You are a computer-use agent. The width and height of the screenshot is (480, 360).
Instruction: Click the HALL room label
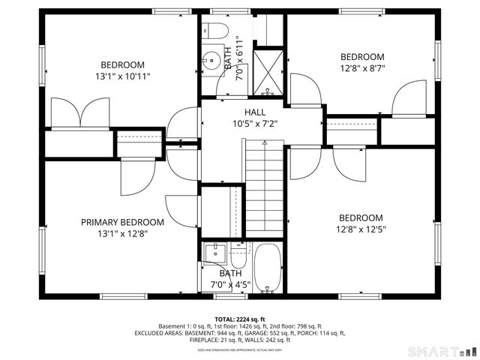[244, 112]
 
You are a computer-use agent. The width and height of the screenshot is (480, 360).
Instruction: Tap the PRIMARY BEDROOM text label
[122, 222]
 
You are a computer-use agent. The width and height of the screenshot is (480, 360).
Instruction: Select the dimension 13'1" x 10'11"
[122, 76]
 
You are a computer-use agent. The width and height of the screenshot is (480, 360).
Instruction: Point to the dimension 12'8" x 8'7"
[362, 68]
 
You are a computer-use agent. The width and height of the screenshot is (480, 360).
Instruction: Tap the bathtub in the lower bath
[267, 268]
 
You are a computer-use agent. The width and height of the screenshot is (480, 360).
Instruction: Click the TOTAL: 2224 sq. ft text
[239, 319]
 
